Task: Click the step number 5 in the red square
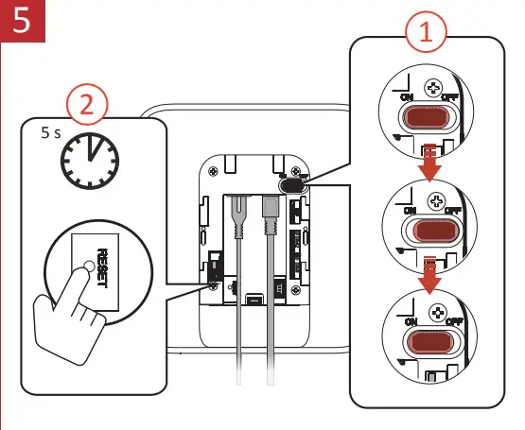click(21, 21)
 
